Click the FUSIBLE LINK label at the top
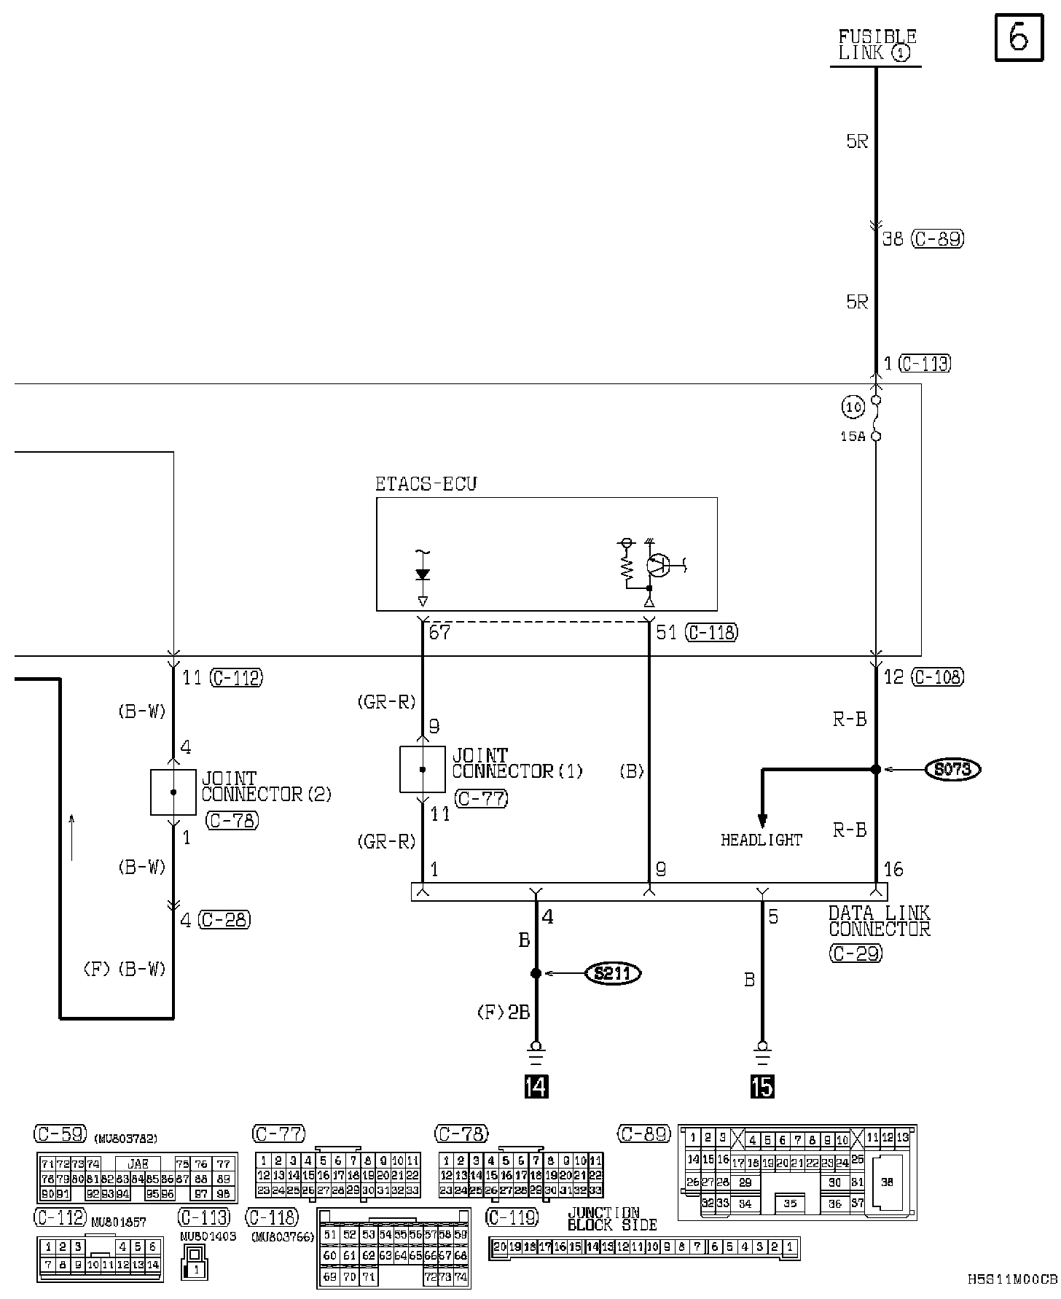877,45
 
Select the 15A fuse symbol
876,418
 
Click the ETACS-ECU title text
426,484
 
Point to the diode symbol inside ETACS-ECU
422,575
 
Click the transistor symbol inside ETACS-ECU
659,566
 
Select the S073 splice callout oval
952,769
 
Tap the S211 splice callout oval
613,973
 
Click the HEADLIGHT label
762,840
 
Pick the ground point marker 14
536,1087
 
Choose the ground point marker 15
762,1087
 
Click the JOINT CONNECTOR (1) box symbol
423,769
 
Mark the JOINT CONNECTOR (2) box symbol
173,792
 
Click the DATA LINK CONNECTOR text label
879,921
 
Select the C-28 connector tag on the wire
224,920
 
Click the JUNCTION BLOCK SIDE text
612,1219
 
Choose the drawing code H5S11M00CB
1013,1279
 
